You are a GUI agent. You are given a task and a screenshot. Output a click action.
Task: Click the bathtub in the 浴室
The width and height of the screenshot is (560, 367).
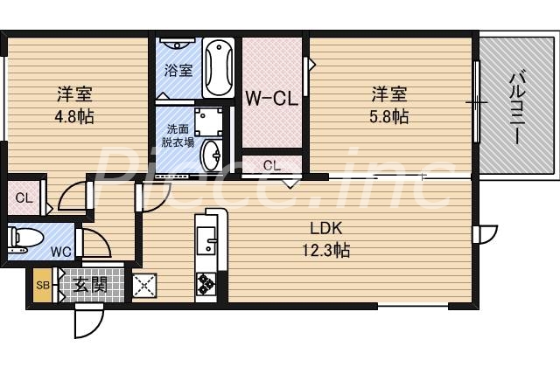click(219, 67)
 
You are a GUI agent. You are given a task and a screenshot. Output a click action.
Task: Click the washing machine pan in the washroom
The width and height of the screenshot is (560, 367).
click(208, 121)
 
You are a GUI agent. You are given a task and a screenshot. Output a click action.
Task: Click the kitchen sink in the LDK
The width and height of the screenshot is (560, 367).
click(206, 238)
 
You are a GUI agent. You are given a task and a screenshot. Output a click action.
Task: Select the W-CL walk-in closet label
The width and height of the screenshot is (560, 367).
click(271, 98)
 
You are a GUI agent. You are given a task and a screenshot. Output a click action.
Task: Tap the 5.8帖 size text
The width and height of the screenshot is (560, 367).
click(389, 115)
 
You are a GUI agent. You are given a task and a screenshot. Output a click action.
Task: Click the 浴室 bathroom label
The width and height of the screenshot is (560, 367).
click(178, 70)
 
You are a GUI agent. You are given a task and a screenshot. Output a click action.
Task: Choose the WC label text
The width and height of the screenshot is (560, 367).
click(60, 253)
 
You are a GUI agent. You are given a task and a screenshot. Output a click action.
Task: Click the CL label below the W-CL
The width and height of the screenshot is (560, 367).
click(271, 164)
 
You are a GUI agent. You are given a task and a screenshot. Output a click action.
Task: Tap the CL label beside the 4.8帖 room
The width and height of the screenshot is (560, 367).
click(24, 197)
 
